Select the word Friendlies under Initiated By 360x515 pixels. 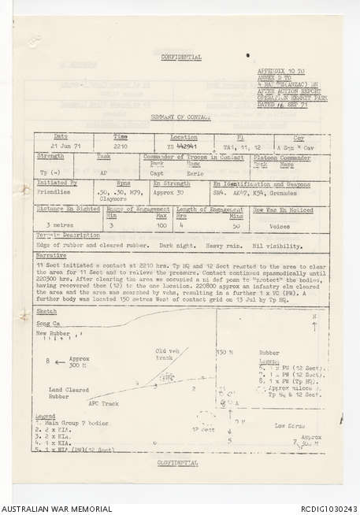(x=54, y=190)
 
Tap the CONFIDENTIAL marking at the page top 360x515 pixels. (x=180, y=57)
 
